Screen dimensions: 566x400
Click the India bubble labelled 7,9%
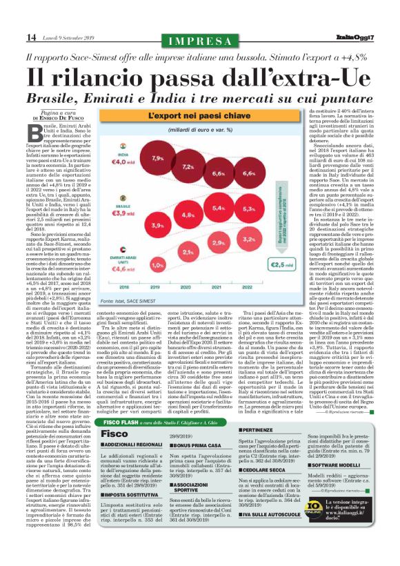[158, 159]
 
